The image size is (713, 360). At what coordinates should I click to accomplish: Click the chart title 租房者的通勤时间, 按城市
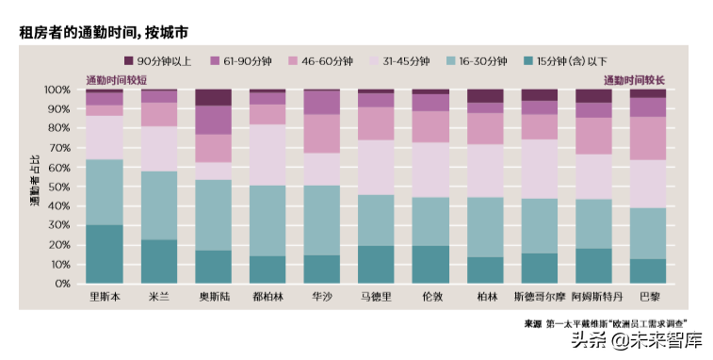105,32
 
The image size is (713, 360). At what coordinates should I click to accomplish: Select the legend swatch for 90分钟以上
130,60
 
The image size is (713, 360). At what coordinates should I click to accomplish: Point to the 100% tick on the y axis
57,90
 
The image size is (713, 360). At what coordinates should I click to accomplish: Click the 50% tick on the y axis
59,187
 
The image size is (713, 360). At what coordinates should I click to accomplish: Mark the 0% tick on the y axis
62,284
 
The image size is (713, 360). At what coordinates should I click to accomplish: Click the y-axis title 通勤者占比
34,186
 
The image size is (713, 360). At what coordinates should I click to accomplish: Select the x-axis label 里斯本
105,297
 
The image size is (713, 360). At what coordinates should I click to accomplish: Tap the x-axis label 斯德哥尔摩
539,297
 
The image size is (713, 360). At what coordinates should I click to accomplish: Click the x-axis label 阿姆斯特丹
593,297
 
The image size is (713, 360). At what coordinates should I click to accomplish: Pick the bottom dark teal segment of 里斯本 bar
105,254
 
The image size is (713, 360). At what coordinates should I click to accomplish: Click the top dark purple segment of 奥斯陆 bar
213,97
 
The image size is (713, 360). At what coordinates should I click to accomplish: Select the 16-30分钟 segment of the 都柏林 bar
267,221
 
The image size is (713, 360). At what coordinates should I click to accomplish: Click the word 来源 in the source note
533,323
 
